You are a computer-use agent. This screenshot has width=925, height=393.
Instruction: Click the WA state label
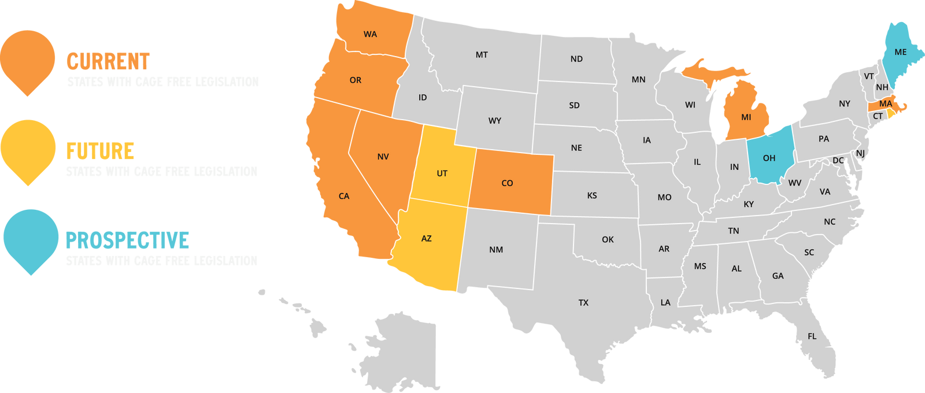[x=370, y=34]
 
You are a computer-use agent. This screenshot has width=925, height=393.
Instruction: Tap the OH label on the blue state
[x=769, y=158]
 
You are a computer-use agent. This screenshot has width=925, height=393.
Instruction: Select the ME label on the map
[x=900, y=52]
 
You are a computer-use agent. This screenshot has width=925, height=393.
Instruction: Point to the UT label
[x=442, y=173]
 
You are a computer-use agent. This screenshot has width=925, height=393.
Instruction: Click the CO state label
[x=507, y=183]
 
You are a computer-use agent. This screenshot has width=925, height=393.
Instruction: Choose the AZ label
[x=426, y=238]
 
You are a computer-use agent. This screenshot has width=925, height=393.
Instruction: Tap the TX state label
[x=583, y=302]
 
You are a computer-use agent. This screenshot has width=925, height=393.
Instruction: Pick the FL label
[x=812, y=336]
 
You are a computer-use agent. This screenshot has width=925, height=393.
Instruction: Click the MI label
[x=746, y=117]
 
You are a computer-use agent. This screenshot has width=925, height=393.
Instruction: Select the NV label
[x=383, y=157]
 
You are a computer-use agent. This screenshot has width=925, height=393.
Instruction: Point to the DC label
[x=838, y=160]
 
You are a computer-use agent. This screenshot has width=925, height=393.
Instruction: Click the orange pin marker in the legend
[x=28, y=61]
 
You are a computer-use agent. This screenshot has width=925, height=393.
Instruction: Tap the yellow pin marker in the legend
[x=28, y=150]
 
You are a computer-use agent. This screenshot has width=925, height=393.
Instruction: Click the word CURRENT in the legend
[x=108, y=61]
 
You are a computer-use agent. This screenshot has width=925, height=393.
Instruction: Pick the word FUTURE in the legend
[x=100, y=151]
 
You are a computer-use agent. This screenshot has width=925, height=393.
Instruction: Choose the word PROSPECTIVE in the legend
[x=127, y=240]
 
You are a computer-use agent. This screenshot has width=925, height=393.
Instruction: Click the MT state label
[x=482, y=55]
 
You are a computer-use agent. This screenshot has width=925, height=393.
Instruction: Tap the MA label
[x=885, y=103]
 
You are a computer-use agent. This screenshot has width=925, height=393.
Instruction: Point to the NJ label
[x=860, y=153]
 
